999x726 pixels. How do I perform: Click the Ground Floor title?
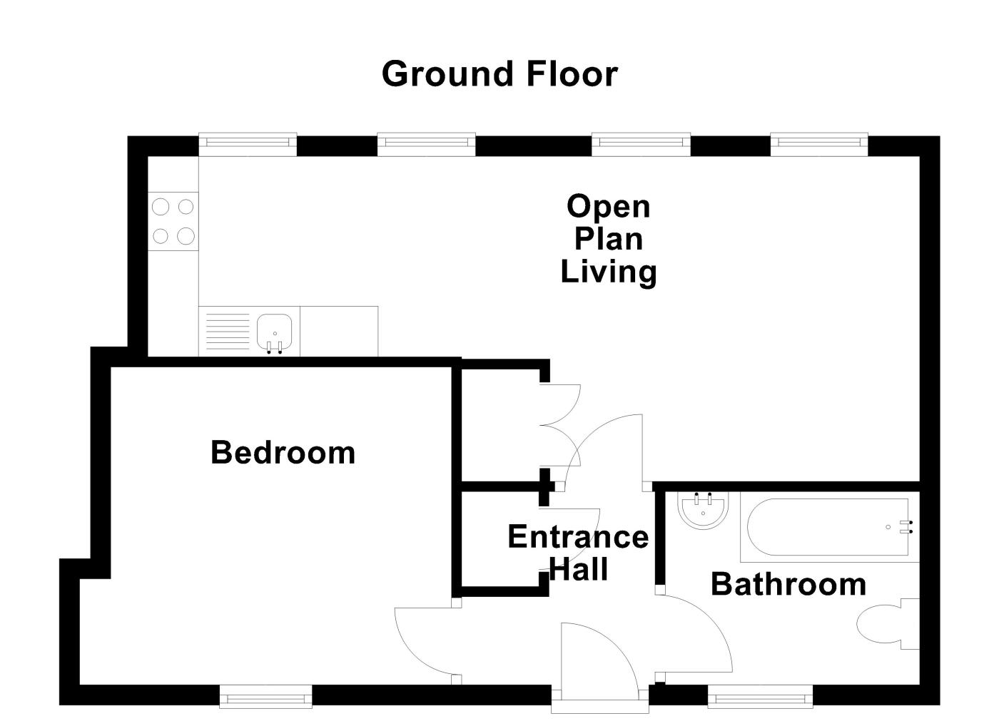pyautogui.click(x=499, y=74)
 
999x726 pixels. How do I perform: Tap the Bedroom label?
pyautogui.click(x=283, y=453)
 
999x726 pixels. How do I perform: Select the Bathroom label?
pyautogui.click(x=788, y=584)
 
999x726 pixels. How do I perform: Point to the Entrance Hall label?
pyautogui.click(x=577, y=553)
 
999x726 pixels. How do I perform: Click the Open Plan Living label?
pyautogui.click(x=608, y=239)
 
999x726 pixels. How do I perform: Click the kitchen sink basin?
pyautogui.click(x=275, y=332)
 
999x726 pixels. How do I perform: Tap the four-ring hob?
pyautogui.click(x=173, y=221)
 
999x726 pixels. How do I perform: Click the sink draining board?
pyautogui.click(x=228, y=332)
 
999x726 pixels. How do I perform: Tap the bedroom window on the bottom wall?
pyautogui.click(x=265, y=695)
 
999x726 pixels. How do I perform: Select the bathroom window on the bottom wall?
pyautogui.click(x=760, y=695)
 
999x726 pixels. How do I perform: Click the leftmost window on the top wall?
pyautogui.click(x=247, y=145)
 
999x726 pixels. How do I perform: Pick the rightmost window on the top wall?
pyautogui.click(x=819, y=145)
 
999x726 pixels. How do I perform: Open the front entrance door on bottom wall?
pyautogui.click(x=599, y=663)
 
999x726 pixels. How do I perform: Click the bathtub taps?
pyautogui.click(x=907, y=527)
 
